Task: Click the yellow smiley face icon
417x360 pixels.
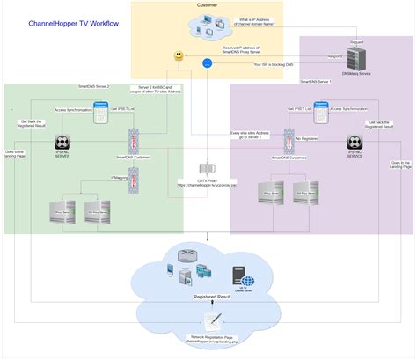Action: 179,56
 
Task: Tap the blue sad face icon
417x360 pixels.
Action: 207,62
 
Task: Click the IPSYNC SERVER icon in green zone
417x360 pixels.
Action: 62,143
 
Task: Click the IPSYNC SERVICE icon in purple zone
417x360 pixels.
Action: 355,143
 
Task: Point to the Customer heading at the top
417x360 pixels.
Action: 208,5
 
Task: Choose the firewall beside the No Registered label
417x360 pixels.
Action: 288,138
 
